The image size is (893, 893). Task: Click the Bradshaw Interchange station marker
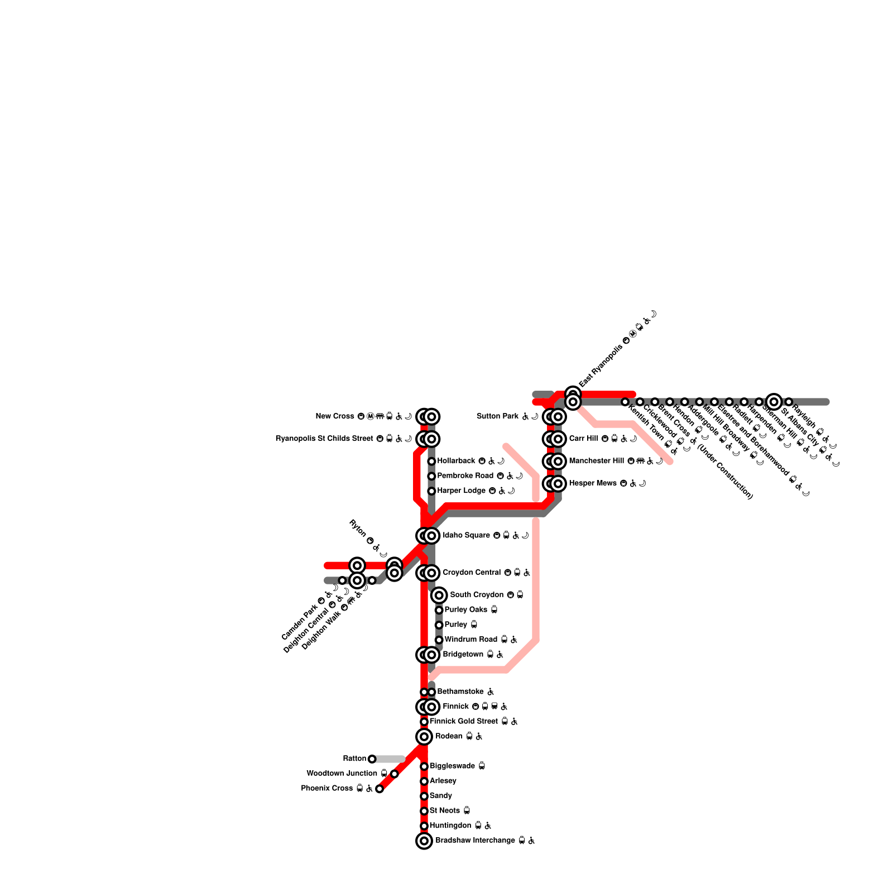(x=424, y=841)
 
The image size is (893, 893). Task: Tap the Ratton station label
(x=354, y=758)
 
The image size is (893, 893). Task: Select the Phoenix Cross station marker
(x=380, y=789)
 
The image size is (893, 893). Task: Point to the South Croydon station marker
(x=439, y=595)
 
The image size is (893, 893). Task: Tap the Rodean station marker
(x=424, y=737)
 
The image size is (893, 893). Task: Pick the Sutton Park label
(x=498, y=416)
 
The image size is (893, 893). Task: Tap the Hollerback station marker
(x=431, y=461)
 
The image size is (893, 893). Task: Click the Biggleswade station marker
(x=424, y=766)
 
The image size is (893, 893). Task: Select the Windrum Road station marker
(x=439, y=640)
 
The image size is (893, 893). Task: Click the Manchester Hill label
(x=596, y=461)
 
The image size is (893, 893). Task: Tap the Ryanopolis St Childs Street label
(x=324, y=439)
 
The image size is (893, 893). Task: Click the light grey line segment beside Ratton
(x=389, y=758)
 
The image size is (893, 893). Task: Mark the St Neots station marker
(x=424, y=811)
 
